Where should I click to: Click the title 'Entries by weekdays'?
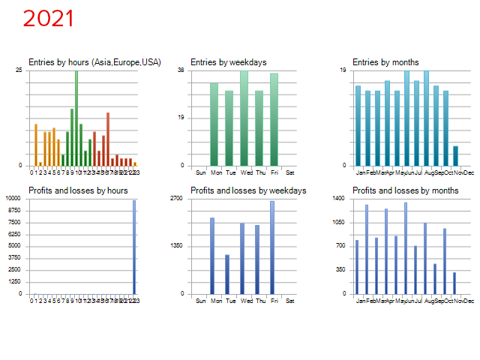[x=229, y=62]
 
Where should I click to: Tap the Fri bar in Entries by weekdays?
[x=274, y=119]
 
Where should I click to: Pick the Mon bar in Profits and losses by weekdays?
[x=212, y=255]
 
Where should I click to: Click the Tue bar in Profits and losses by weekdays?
[x=227, y=274]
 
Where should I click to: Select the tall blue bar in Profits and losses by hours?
[x=135, y=247]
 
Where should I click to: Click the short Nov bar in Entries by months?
[x=455, y=155]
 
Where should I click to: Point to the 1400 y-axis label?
[x=340, y=199]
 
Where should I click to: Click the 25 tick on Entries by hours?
[x=19, y=70]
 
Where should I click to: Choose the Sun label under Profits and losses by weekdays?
[x=200, y=301]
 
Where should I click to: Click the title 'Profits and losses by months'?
[x=405, y=190]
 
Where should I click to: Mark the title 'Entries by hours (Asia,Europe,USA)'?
[x=94, y=62]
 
